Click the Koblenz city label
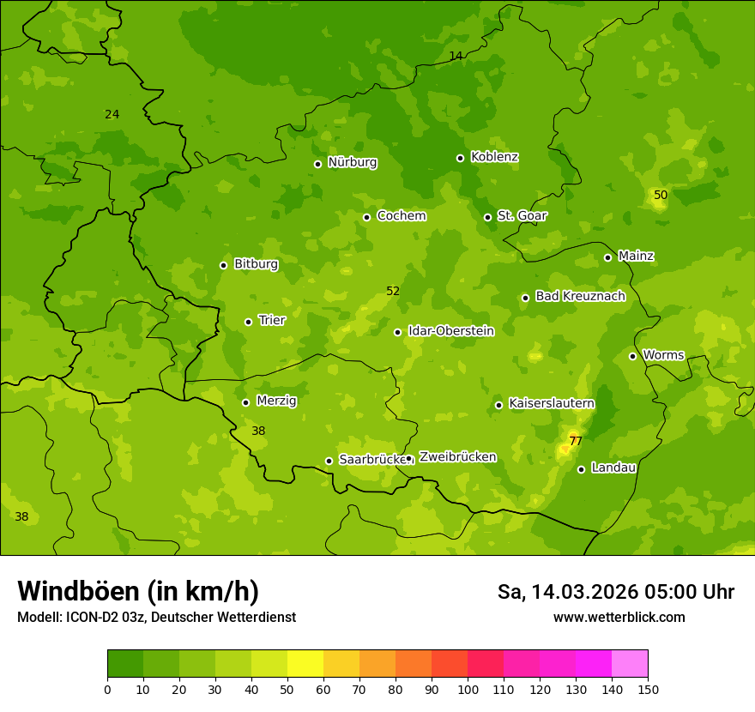[x=494, y=157]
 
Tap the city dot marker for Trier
[x=248, y=322]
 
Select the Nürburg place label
[x=352, y=162]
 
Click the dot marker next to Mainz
[x=607, y=257]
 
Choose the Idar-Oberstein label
[x=450, y=331]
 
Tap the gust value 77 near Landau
[x=576, y=442]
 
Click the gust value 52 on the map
[x=393, y=292]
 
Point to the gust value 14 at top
[x=456, y=56]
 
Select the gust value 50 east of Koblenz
[x=661, y=196]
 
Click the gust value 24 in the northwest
[x=112, y=115]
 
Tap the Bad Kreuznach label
[x=580, y=296]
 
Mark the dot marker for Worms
[x=632, y=356]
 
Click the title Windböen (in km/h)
[x=138, y=591]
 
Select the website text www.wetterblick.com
[x=619, y=618]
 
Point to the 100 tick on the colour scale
[x=468, y=689]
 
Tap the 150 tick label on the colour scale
[x=648, y=689]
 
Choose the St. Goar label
[x=522, y=215]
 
